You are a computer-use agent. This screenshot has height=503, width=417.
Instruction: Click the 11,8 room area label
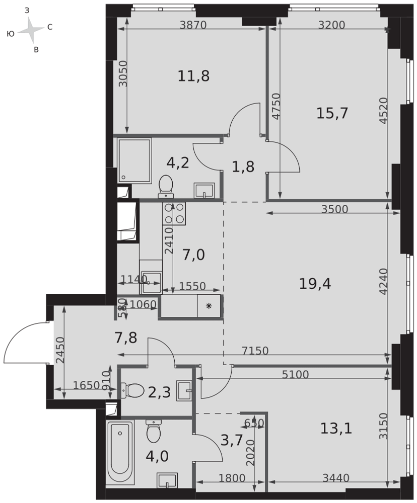click(x=193, y=76)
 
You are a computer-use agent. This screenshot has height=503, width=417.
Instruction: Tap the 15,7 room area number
click(x=332, y=113)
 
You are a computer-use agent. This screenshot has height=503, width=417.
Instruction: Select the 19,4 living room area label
click(x=315, y=284)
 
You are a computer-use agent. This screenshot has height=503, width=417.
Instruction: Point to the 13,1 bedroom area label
click(x=336, y=428)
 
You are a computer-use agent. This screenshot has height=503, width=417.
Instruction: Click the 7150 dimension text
click(x=255, y=351)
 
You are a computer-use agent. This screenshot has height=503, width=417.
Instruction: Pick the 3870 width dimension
click(x=193, y=25)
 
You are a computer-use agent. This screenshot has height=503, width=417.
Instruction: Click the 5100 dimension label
click(x=295, y=374)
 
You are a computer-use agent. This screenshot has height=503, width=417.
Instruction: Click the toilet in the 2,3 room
click(x=132, y=391)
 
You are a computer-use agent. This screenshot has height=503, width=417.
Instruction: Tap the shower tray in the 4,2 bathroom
click(x=134, y=161)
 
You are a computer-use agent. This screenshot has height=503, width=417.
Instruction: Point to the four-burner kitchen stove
click(x=174, y=213)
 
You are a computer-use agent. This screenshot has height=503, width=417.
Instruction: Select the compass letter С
click(x=50, y=27)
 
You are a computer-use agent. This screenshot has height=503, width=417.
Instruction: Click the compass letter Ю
click(x=11, y=34)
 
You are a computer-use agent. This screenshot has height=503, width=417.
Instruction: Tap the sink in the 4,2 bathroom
click(x=203, y=191)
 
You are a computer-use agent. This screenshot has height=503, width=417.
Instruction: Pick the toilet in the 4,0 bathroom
click(x=154, y=431)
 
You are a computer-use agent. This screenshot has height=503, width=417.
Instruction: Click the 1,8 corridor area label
click(x=243, y=167)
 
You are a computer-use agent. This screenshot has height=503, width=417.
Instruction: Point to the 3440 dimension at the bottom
click(x=336, y=478)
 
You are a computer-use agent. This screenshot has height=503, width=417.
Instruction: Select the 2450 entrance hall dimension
click(x=60, y=350)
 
